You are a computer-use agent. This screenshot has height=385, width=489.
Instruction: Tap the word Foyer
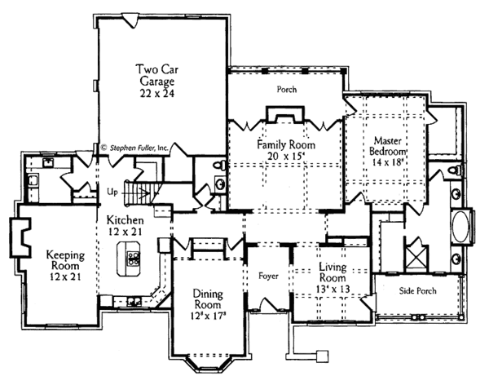(268, 276)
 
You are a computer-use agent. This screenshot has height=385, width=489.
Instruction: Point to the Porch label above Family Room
(286, 89)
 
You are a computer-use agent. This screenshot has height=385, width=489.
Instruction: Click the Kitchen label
(125, 220)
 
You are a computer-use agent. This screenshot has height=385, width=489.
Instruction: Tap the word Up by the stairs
(113, 192)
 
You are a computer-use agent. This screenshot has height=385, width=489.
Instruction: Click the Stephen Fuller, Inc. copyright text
(134, 148)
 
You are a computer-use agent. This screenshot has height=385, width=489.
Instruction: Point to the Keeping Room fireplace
(20, 235)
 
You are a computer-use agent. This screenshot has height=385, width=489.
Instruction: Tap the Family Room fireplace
(285, 117)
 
